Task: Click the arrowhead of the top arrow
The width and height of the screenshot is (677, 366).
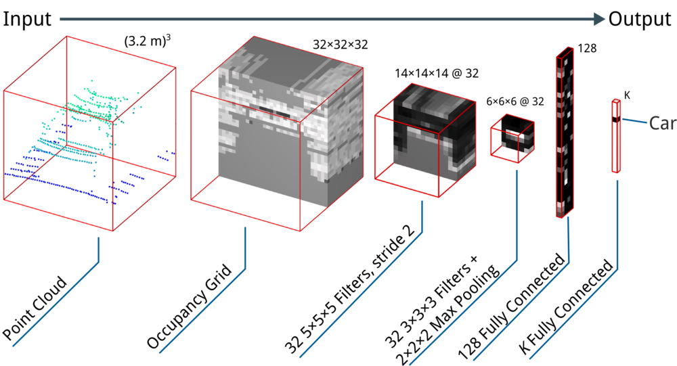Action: [x=599, y=19]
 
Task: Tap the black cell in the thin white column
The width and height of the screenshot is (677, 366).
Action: [x=616, y=120]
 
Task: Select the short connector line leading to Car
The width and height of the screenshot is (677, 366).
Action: [x=634, y=122]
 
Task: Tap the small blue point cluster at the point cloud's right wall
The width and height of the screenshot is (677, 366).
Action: [x=165, y=156]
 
